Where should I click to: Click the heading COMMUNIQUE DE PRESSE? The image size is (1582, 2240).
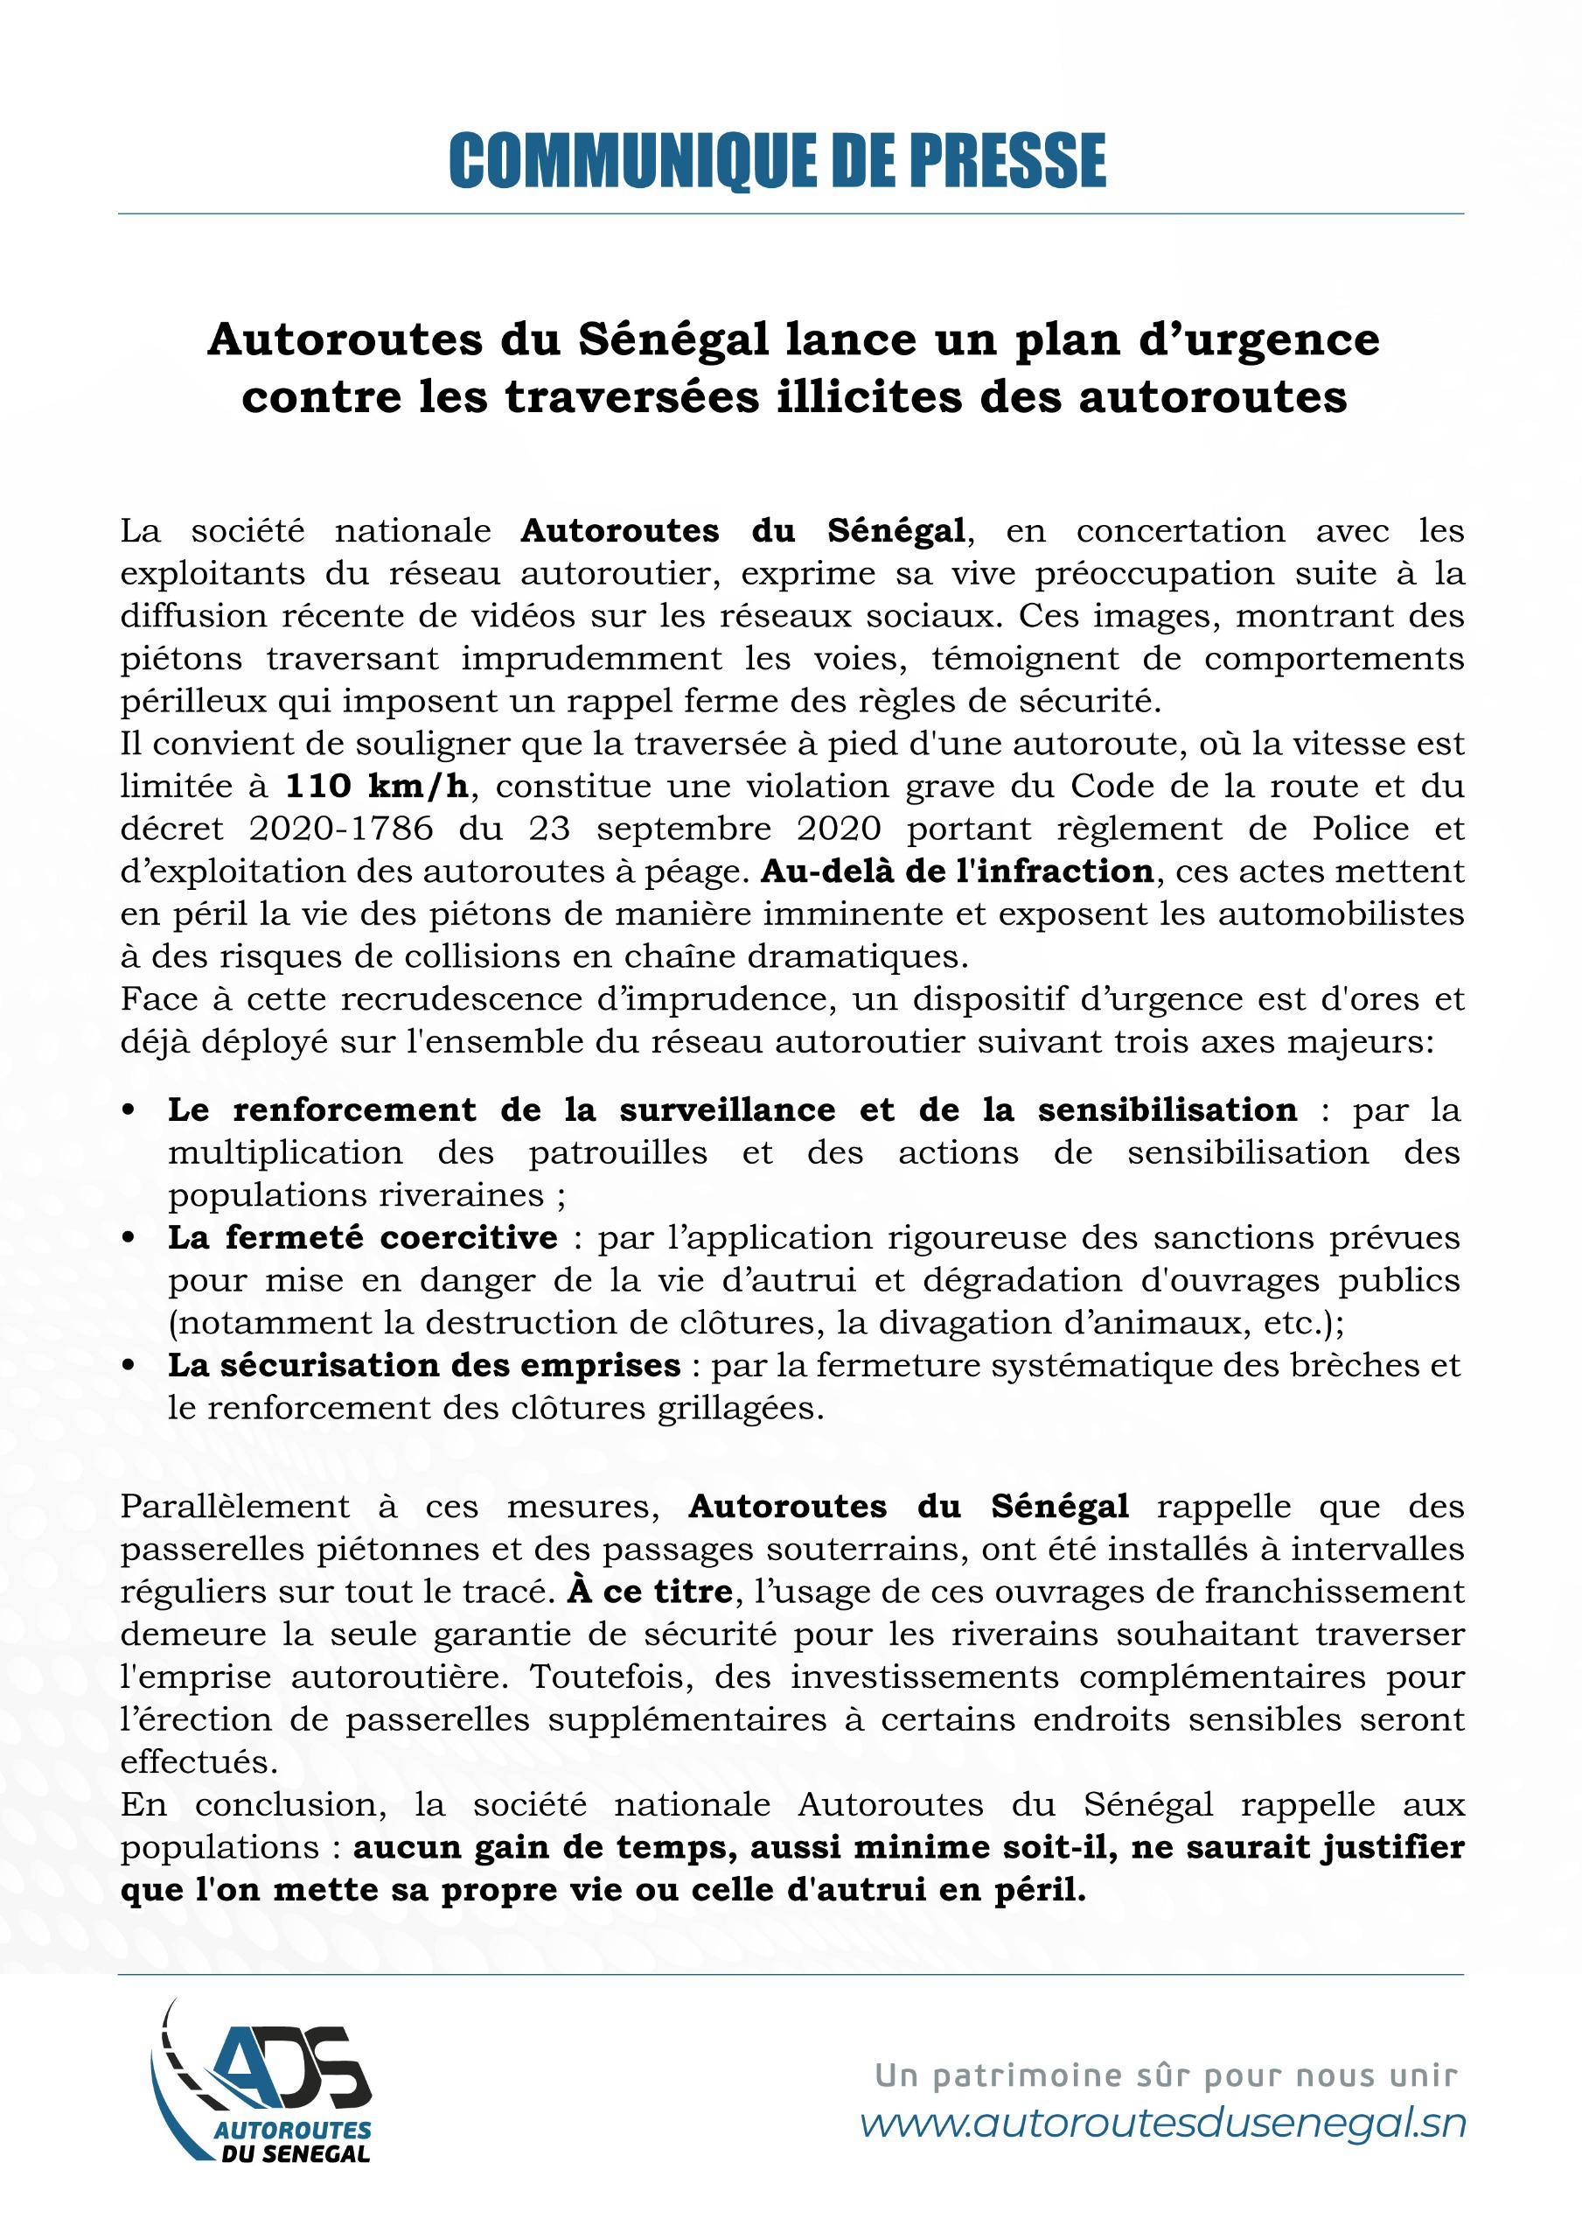point(777,161)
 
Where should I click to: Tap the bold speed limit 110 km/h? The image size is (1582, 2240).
point(377,787)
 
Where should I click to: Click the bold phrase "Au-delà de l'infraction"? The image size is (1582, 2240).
point(957,871)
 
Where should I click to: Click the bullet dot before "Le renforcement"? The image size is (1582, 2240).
point(129,1111)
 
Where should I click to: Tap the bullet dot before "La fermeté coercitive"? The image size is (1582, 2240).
point(129,1239)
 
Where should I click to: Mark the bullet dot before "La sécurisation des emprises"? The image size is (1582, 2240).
point(129,1367)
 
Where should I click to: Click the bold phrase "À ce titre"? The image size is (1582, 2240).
point(650,1592)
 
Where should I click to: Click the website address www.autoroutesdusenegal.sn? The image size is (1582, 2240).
point(1162,2124)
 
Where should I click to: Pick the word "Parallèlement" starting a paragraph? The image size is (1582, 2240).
point(234,1507)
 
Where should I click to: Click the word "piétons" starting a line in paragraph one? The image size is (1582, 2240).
point(181,659)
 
